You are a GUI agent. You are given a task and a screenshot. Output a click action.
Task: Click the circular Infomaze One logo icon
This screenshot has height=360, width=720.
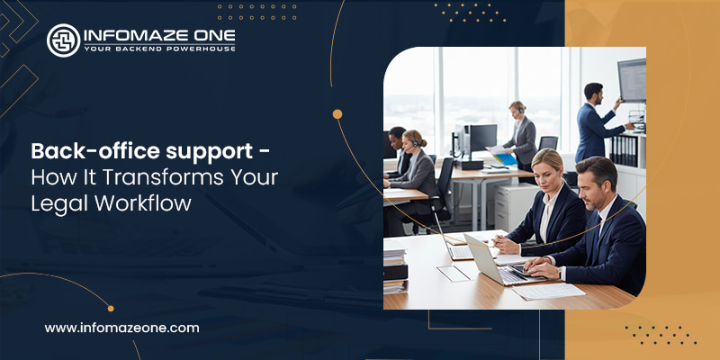(63, 40)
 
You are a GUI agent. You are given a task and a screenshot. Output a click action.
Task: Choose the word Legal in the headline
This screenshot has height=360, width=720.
(53, 203)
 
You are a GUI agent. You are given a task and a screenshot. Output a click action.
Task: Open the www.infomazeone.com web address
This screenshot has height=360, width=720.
(121, 328)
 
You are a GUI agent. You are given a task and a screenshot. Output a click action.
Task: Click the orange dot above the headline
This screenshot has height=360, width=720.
(337, 114)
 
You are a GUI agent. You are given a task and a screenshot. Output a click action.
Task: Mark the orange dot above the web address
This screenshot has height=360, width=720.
(111, 308)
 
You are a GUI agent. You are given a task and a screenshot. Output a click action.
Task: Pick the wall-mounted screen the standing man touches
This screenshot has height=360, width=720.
(632, 81)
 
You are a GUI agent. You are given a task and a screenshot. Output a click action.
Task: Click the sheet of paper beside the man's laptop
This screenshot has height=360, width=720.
(549, 291)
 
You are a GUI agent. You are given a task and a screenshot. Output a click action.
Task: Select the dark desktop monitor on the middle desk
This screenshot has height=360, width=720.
(481, 139)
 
